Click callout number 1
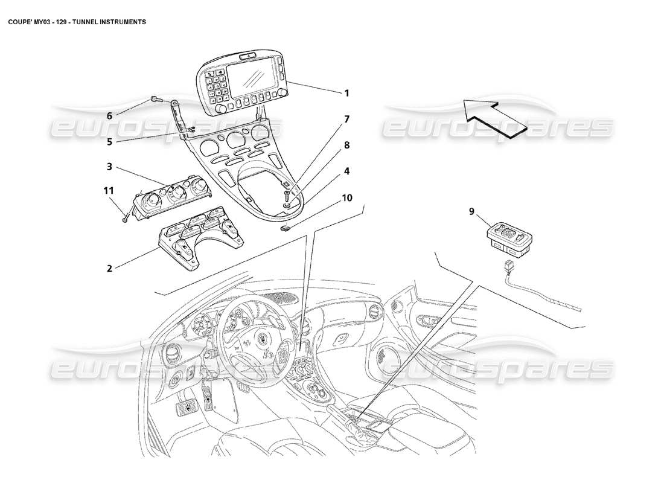tap(346, 93)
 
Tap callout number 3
tap(109, 167)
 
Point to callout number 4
tap(346, 171)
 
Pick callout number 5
tap(109, 142)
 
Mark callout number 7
tap(346, 119)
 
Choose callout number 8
tap(346, 145)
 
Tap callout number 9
tap(471, 211)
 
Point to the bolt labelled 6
tap(155, 99)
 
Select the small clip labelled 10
tap(288, 228)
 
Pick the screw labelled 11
tap(125, 218)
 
